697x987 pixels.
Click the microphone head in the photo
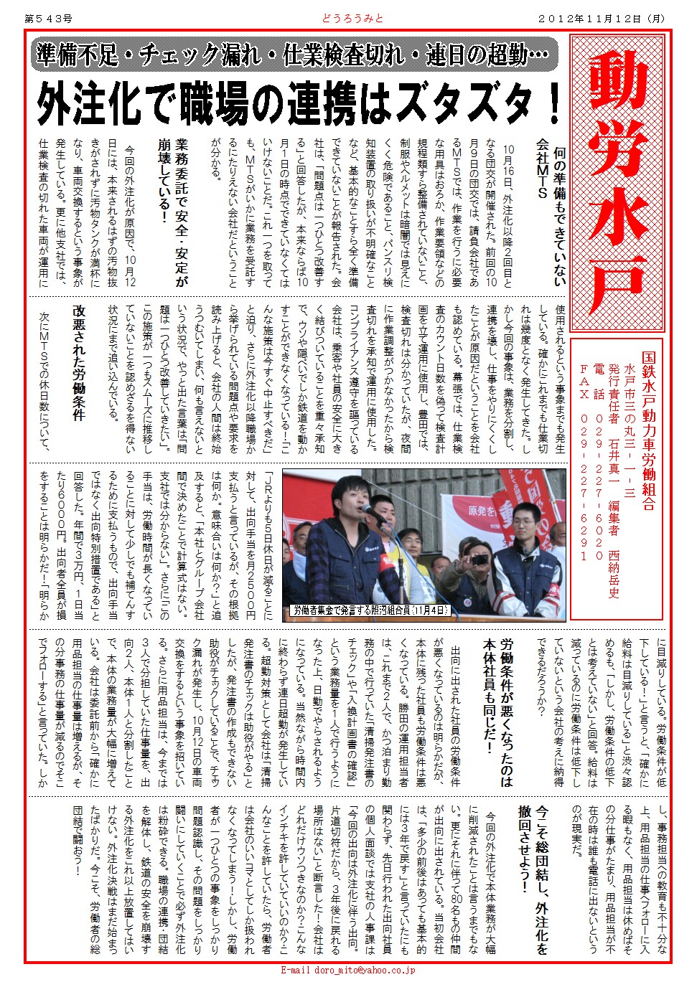pos(368,510)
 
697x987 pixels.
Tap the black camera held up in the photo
pos(480,558)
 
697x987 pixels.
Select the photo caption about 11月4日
pos(370,610)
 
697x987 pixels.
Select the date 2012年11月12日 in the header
pos(601,19)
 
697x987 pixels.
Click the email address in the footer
pos(348,970)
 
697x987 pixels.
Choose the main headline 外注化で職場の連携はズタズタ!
pos(298,103)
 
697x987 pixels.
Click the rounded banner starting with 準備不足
pos(294,55)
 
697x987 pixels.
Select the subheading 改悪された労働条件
pos(79,362)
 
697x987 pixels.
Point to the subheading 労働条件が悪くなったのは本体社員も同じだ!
pos(497,710)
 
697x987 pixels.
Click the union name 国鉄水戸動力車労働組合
pos(648,430)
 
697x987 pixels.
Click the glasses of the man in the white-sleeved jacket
pos(530,516)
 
